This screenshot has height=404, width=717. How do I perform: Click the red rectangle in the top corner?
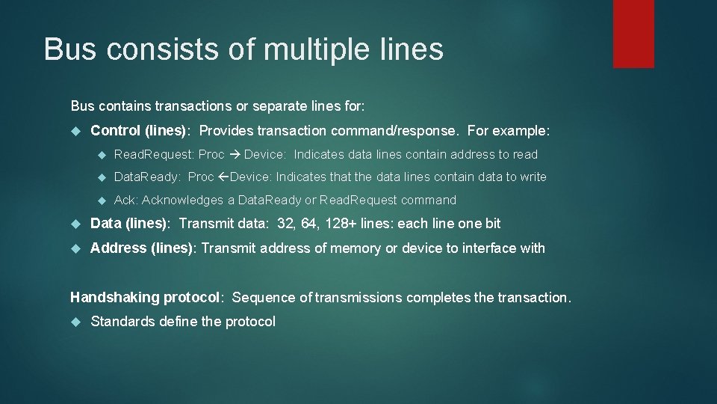633,34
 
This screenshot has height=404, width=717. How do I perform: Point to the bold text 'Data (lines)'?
128,224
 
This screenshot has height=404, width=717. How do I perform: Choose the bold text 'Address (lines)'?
141,248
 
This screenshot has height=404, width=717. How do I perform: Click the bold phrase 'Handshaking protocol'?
146,298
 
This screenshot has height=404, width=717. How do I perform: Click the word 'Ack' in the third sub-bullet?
125,201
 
